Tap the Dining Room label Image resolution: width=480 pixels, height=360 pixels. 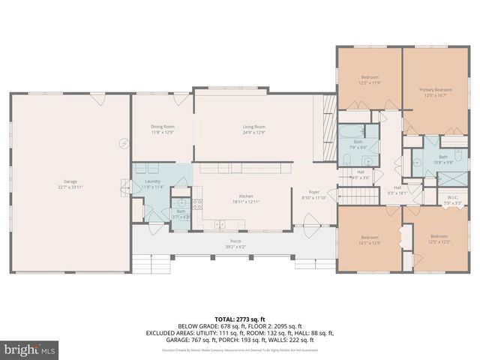163,129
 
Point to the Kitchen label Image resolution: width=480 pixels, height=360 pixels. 247,198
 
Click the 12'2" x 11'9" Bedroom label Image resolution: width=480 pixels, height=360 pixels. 370,79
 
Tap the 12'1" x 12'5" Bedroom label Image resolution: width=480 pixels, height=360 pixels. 368,240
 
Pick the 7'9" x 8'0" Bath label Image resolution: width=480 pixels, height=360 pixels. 358,144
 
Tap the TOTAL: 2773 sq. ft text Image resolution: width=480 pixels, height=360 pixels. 239,319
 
